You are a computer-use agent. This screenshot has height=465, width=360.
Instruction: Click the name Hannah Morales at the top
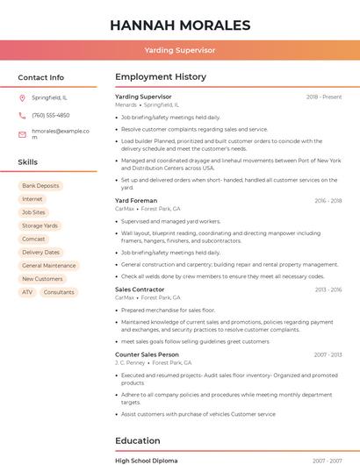click(180, 25)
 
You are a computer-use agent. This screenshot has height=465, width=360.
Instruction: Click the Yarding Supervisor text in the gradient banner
click(180, 50)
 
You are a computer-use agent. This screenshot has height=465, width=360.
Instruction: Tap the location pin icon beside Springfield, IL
click(22, 97)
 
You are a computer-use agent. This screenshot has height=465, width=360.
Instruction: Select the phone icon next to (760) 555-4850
click(22, 115)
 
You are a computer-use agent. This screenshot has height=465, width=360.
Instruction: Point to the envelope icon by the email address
click(22, 133)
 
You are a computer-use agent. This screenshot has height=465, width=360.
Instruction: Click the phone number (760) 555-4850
click(50, 115)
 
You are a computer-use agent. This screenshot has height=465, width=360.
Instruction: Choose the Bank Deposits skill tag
click(40, 186)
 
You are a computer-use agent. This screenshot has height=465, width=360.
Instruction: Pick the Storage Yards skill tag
click(40, 225)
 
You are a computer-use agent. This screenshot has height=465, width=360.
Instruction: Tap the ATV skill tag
click(27, 292)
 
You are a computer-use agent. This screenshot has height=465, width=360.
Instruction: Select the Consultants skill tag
click(59, 292)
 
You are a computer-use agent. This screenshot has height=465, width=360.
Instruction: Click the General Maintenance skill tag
click(49, 266)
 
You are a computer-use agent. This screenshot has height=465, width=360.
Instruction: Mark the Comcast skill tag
click(33, 239)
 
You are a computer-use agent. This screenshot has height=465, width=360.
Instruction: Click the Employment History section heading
click(161, 77)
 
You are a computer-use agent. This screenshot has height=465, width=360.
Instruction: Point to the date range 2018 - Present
click(324, 97)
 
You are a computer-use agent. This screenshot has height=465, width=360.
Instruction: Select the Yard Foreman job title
click(136, 201)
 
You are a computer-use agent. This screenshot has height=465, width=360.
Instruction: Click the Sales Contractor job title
click(140, 290)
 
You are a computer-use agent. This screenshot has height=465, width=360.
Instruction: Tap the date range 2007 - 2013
click(328, 354)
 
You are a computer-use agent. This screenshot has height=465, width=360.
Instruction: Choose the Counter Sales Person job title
click(147, 354)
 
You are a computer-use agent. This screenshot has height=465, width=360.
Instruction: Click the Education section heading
click(138, 440)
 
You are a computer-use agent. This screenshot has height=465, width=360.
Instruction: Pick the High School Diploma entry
click(146, 461)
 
